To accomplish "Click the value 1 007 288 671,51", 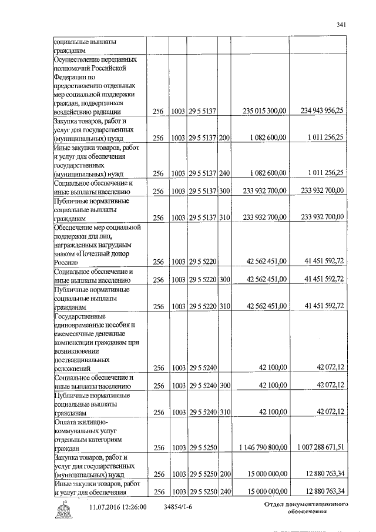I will pyautogui.click(x=321, y=448).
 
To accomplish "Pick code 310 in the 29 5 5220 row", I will pyautogui.click(x=224, y=306).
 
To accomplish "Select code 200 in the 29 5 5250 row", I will pyautogui.click(x=224, y=474).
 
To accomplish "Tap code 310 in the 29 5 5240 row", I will pyautogui.click(x=224, y=412).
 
